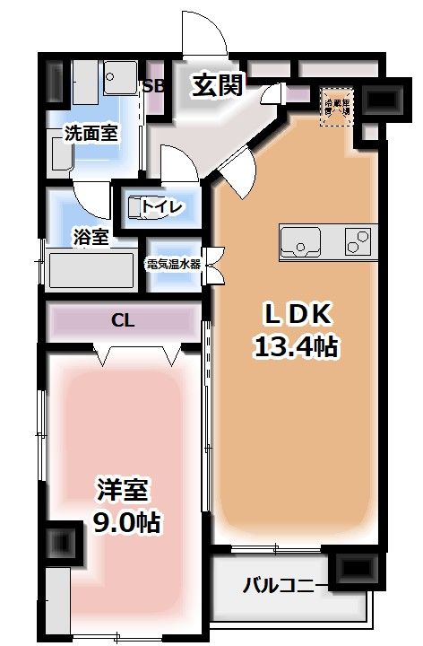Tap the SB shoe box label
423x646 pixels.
(152, 87)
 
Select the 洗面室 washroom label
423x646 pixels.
(90, 134)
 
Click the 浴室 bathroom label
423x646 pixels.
(91, 237)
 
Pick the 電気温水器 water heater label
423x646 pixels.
(175, 264)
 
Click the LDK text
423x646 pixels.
(297, 314)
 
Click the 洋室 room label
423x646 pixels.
(124, 491)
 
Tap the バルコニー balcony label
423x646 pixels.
(280, 588)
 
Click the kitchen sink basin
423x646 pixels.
(300, 241)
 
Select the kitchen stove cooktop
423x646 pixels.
(358, 240)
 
